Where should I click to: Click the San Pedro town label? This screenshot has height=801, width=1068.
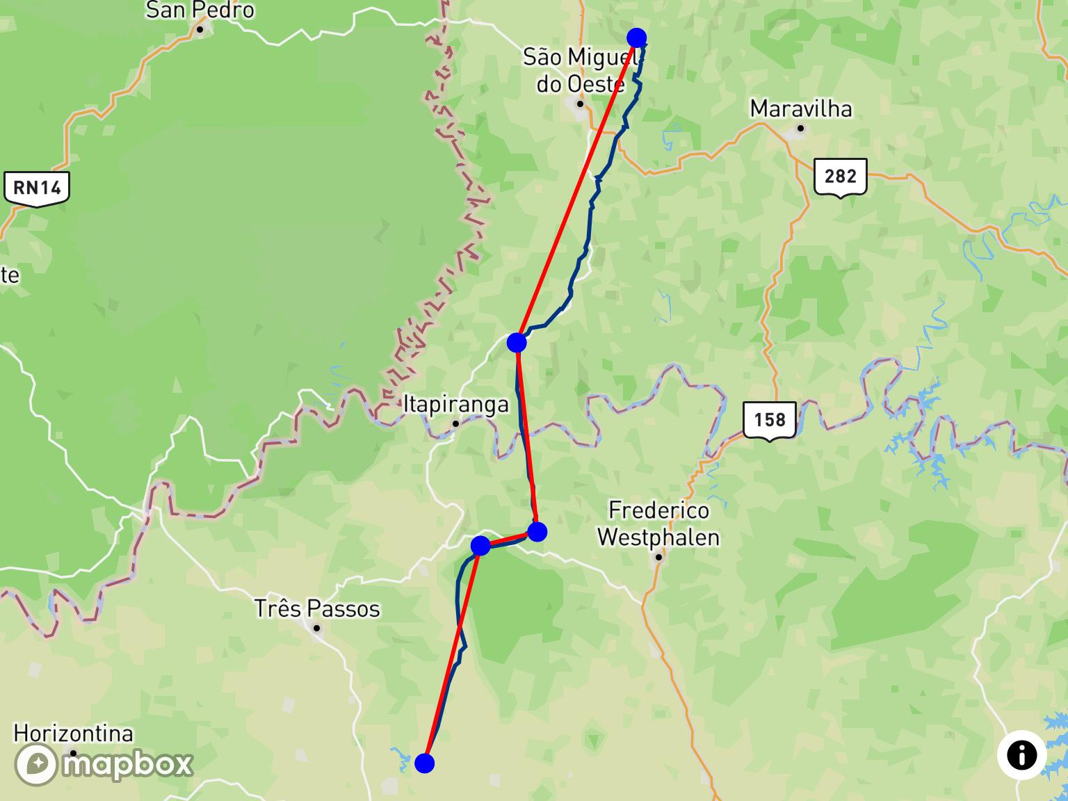(200, 10)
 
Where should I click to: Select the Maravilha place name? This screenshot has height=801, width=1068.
(801, 109)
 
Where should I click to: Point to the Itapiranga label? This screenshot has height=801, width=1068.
(456, 405)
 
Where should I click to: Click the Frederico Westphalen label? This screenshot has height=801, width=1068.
(658, 524)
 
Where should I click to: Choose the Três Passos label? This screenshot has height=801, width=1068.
(317, 609)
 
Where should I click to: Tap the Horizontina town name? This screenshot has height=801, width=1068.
(73, 734)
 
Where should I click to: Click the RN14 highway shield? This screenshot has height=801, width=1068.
(37, 188)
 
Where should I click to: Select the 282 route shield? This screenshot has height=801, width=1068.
(840, 177)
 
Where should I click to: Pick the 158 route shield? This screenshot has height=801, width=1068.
(769, 420)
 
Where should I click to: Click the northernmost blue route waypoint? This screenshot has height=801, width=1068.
(636, 38)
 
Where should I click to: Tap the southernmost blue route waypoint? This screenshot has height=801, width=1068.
(424, 763)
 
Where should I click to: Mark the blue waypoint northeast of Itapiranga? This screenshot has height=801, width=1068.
(517, 342)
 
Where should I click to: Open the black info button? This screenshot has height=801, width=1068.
(1021, 755)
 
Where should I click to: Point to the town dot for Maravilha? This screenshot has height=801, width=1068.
(801, 129)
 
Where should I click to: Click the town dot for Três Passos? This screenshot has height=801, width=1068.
(316, 629)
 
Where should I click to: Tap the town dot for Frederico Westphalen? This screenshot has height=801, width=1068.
(658, 557)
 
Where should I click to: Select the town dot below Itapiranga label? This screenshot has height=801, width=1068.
(455, 424)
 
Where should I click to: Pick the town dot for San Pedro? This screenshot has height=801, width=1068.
(200, 29)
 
